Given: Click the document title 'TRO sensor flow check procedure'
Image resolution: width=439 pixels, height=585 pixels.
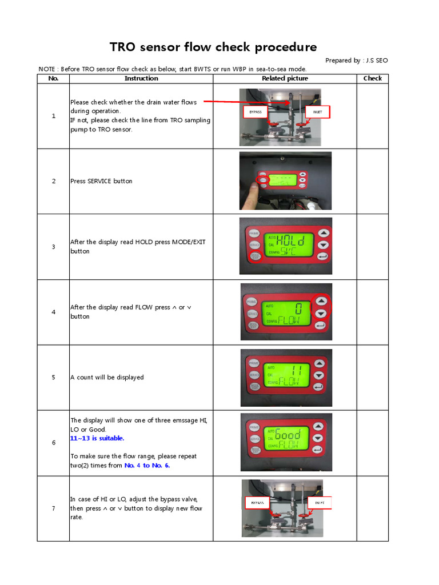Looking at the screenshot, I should [x=213, y=47].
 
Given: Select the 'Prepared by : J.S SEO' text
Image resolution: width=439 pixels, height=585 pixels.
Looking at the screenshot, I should [x=356, y=61].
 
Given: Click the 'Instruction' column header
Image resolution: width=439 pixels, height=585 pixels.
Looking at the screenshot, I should [x=141, y=78].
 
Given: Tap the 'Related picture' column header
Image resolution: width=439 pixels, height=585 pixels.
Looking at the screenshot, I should [x=285, y=78].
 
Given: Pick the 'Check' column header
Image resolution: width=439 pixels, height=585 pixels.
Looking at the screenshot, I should [x=372, y=78].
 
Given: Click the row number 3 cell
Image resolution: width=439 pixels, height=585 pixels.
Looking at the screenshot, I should [x=54, y=247].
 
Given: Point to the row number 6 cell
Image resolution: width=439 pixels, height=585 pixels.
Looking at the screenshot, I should [x=54, y=443].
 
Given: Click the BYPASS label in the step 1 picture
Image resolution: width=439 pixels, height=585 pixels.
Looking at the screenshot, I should [x=255, y=112].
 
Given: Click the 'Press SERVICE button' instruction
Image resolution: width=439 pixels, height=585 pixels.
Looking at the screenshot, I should [x=101, y=181].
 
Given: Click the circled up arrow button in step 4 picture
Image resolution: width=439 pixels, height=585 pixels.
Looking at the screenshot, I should [x=321, y=300].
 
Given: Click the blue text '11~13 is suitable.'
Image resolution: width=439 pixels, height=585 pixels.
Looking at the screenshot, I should [x=97, y=438].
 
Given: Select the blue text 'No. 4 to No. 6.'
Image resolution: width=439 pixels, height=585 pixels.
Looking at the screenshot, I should [x=147, y=465].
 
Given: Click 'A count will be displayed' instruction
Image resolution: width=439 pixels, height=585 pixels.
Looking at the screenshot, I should [x=107, y=377].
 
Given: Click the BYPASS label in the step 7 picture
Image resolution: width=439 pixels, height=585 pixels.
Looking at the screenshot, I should [x=258, y=503].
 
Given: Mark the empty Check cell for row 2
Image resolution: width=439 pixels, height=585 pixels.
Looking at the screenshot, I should [x=372, y=181].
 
